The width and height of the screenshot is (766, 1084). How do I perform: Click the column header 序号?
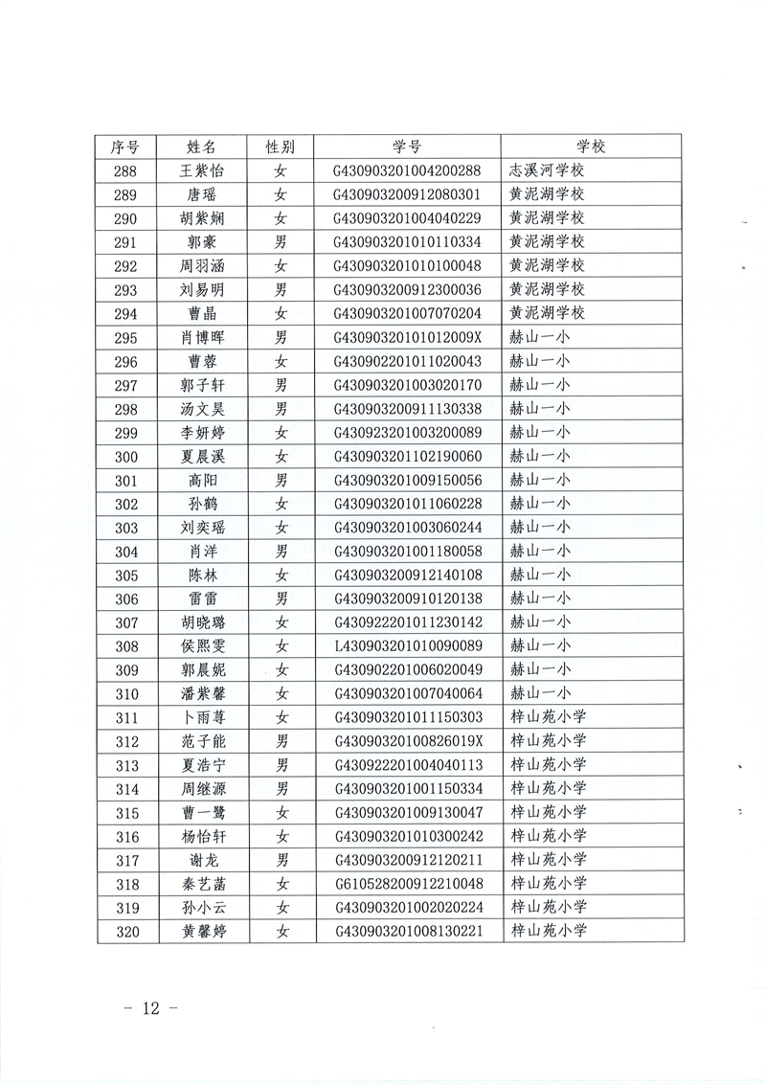125,147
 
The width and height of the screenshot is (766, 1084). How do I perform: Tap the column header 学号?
406,147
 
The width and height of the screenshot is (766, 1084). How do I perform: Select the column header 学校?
591,147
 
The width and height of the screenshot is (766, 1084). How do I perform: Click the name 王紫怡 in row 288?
202,171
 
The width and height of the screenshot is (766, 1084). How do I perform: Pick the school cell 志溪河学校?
547,171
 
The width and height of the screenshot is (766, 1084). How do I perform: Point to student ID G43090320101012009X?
406,338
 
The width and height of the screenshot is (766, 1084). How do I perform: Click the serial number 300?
125,457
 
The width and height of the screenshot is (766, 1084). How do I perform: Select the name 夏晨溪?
202,457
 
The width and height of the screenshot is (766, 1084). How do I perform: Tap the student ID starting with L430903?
406,646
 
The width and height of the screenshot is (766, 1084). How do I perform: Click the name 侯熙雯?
202,646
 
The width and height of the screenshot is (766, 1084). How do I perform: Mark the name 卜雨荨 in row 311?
202,717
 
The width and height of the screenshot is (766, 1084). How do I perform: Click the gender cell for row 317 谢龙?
281,860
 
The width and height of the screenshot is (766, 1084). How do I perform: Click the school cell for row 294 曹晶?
547,314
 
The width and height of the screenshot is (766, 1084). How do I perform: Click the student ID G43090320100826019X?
406,741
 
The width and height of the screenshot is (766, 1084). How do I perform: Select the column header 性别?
281,147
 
